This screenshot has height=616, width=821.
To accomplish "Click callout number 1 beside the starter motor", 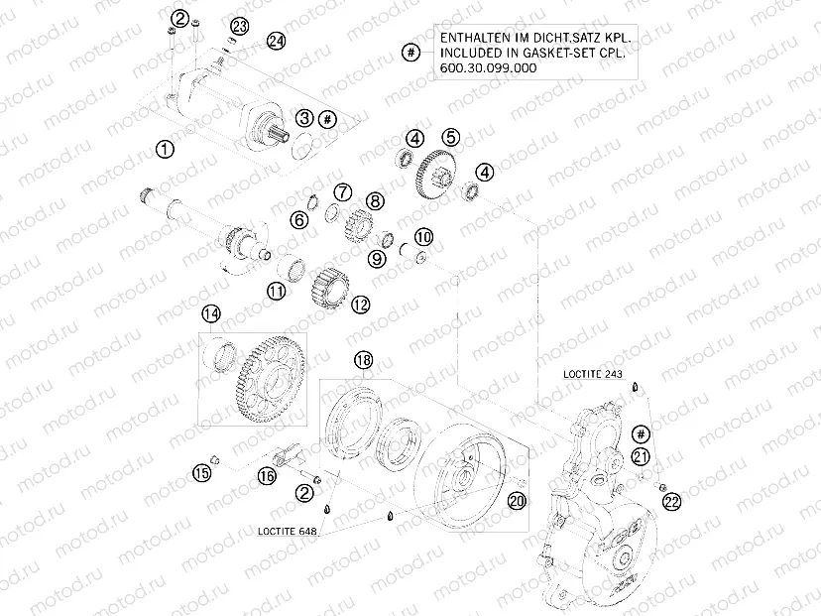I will [x=166, y=150].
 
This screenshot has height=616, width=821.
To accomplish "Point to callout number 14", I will [x=211, y=314].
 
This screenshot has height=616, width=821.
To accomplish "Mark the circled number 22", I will [x=672, y=503].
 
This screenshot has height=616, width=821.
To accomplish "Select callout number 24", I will [x=275, y=41].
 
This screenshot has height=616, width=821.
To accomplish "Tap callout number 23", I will [x=240, y=25].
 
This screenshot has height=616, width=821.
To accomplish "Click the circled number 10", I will [x=423, y=237].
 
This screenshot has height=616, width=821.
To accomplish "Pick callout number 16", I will [x=267, y=477].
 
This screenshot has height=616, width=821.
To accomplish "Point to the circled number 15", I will [x=201, y=474].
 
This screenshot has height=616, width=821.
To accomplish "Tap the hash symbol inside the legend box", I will [x=409, y=52].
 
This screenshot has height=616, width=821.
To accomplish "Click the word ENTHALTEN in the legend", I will [x=471, y=36].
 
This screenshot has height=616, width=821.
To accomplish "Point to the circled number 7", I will [x=342, y=191].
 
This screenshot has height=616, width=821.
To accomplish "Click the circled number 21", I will [x=642, y=456].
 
